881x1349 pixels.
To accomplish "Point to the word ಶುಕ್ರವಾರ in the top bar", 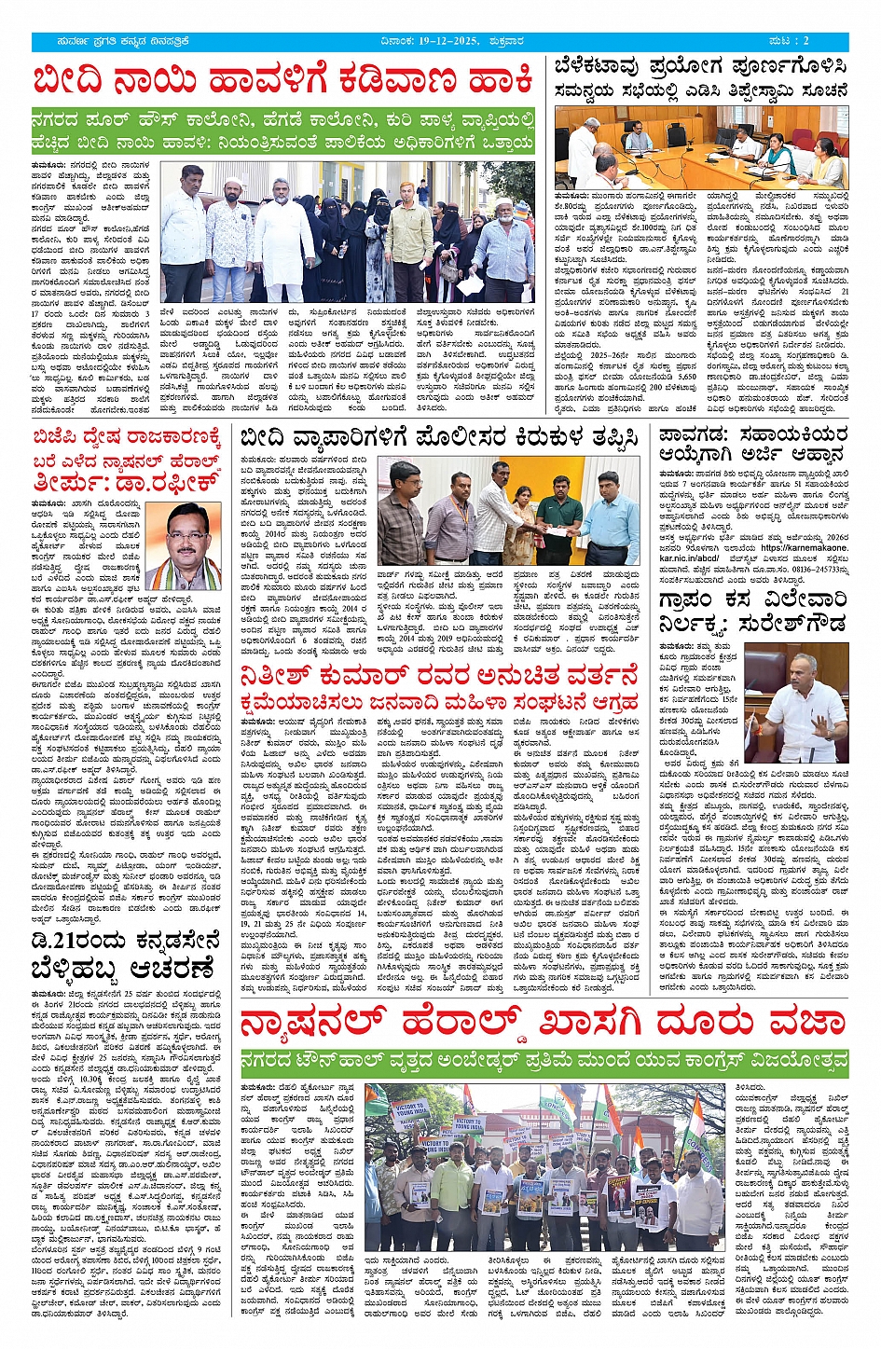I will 547,42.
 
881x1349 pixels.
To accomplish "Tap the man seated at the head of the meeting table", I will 640,141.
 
